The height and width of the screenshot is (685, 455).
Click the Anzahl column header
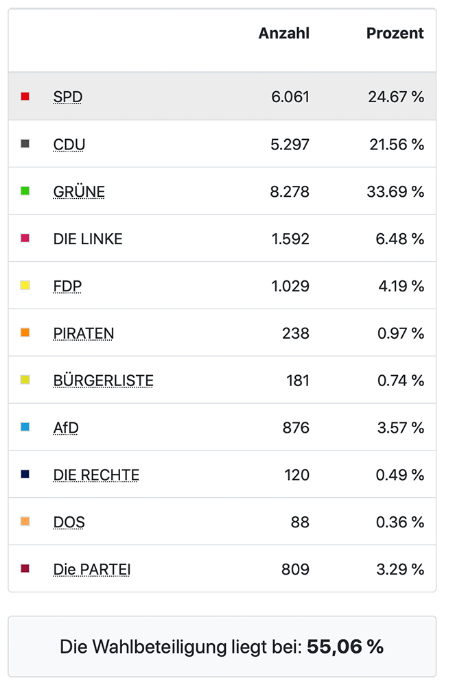[283, 34]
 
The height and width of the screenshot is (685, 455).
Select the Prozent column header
[395, 34]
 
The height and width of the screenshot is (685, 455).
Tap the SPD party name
[67, 97]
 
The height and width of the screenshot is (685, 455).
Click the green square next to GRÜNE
[25, 191]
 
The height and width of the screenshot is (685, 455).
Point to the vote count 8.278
[290, 192]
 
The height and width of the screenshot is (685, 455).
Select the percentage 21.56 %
[396, 145]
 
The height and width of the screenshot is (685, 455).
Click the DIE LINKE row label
[88, 239]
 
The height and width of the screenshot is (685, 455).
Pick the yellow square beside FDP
[25, 285]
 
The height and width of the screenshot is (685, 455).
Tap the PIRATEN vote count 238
[296, 334]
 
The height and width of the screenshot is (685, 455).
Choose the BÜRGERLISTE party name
[103, 381]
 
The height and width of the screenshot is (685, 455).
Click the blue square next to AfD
[25, 427]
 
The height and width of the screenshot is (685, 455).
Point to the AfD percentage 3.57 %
[401, 429]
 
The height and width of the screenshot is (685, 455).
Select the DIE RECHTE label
[96, 475]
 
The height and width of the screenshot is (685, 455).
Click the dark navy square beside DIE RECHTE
[25, 474]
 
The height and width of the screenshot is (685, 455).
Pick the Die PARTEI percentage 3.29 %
[401, 570]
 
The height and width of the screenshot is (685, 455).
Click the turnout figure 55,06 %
[345, 647]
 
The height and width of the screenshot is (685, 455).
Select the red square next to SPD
[25, 97]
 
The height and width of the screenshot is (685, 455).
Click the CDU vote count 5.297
[290, 145]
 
